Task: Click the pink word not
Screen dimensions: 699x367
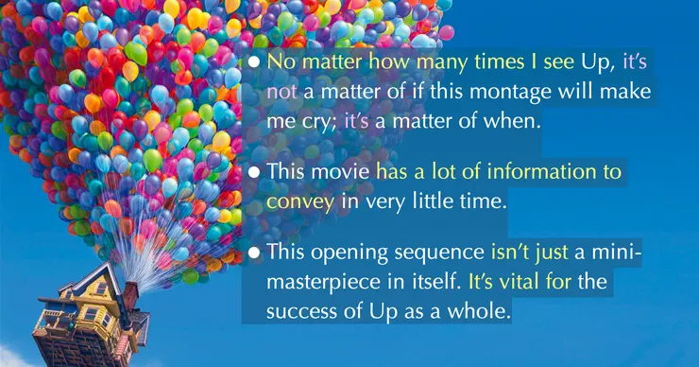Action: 281,92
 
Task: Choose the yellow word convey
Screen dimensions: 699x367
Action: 300,201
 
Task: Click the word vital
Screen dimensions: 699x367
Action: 517,281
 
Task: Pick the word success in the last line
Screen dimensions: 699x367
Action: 301,311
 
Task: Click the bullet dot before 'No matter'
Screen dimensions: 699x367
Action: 254,61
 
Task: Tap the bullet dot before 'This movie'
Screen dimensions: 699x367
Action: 254,172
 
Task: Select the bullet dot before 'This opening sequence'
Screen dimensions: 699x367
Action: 254,253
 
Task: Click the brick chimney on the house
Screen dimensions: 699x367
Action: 131,295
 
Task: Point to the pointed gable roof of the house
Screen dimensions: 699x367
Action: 97,278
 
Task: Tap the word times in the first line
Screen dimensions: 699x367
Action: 500,61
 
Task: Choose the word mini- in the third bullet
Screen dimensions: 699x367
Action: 617,253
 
